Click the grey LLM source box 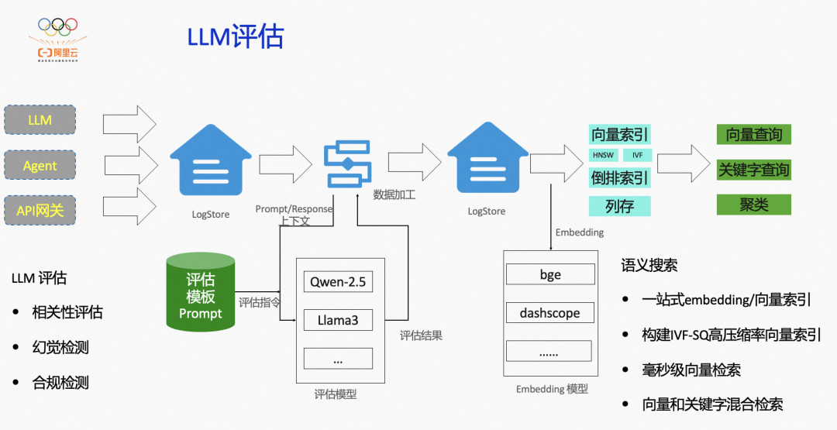(x=40, y=120)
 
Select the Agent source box (x=40, y=165)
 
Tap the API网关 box (x=40, y=210)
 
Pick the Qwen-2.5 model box (x=338, y=281)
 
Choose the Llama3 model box (x=338, y=319)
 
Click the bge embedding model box (x=550, y=274)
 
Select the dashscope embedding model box (x=550, y=313)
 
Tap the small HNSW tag (x=603, y=155)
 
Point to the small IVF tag (x=638, y=155)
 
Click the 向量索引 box (x=619, y=135)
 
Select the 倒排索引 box (x=619, y=177)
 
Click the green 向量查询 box (x=754, y=135)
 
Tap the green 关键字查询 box (x=754, y=170)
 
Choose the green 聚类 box (x=754, y=205)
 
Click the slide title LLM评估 (x=236, y=36)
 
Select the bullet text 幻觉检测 (x=60, y=347)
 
